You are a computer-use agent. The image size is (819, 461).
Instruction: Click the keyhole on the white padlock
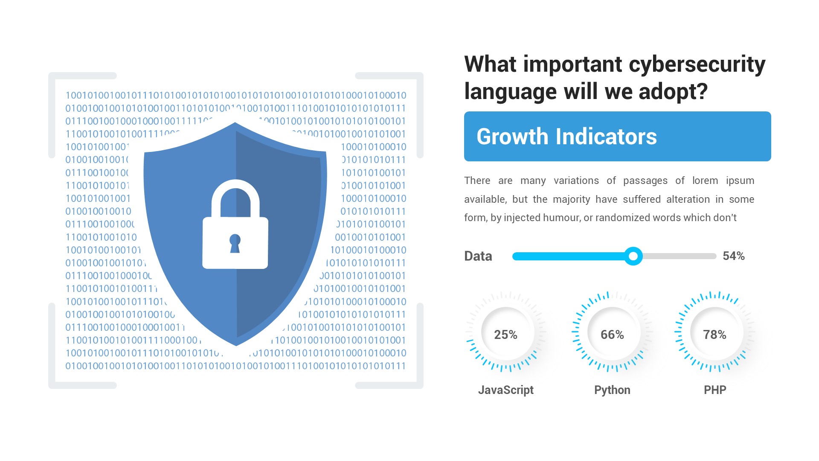(x=235, y=242)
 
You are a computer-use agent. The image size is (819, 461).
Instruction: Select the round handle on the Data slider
(x=633, y=256)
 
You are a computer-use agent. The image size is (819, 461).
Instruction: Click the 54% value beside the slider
(x=733, y=256)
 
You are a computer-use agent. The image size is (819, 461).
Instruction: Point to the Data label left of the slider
(x=478, y=256)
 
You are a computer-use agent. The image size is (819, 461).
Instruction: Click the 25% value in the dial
(x=505, y=335)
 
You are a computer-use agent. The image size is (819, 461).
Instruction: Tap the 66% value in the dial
(x=612, y=335)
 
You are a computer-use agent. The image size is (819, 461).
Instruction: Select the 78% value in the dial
(x=714, y=335)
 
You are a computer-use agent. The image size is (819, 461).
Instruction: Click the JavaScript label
(x=505, y=390)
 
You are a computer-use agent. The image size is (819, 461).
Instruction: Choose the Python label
(x=612, y=390)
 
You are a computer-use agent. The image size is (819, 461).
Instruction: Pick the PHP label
(x=714, y=390)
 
